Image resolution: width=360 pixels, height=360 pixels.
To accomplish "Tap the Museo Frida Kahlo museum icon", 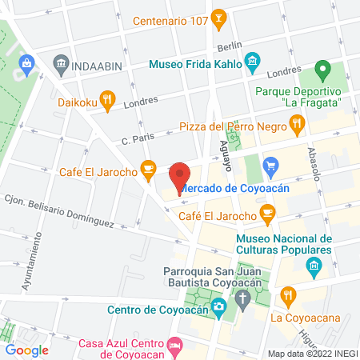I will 253,61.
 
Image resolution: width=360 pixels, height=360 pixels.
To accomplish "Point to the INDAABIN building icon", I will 61,62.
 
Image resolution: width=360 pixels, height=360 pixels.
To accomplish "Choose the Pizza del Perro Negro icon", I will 298,123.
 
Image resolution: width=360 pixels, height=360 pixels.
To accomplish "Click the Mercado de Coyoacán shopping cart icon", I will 270,166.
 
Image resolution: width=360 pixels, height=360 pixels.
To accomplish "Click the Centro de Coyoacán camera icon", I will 218,306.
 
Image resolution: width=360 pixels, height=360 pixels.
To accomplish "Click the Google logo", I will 26,350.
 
